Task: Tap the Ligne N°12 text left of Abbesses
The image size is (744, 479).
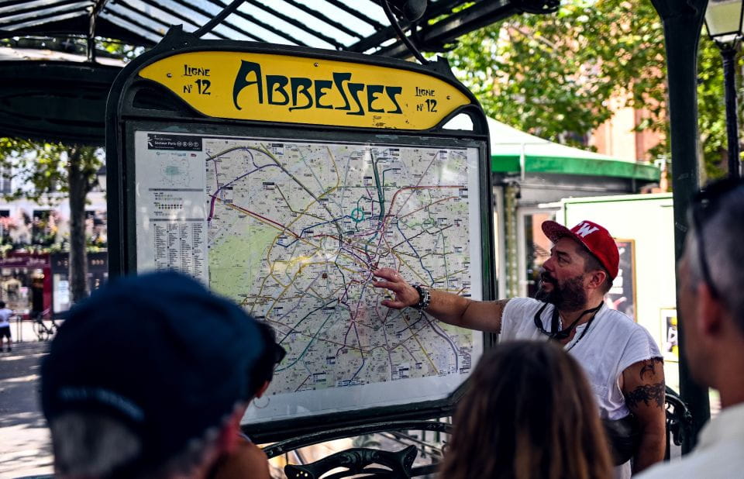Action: pyautogui.click(x=197, y=79)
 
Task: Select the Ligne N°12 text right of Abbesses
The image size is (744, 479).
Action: pyautogui.click(x=425, y=99)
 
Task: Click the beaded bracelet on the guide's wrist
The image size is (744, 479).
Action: pyautogui.click(x=421, y=297)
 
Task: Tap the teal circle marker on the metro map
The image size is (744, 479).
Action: pyautogui.click(x=357, y=214)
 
